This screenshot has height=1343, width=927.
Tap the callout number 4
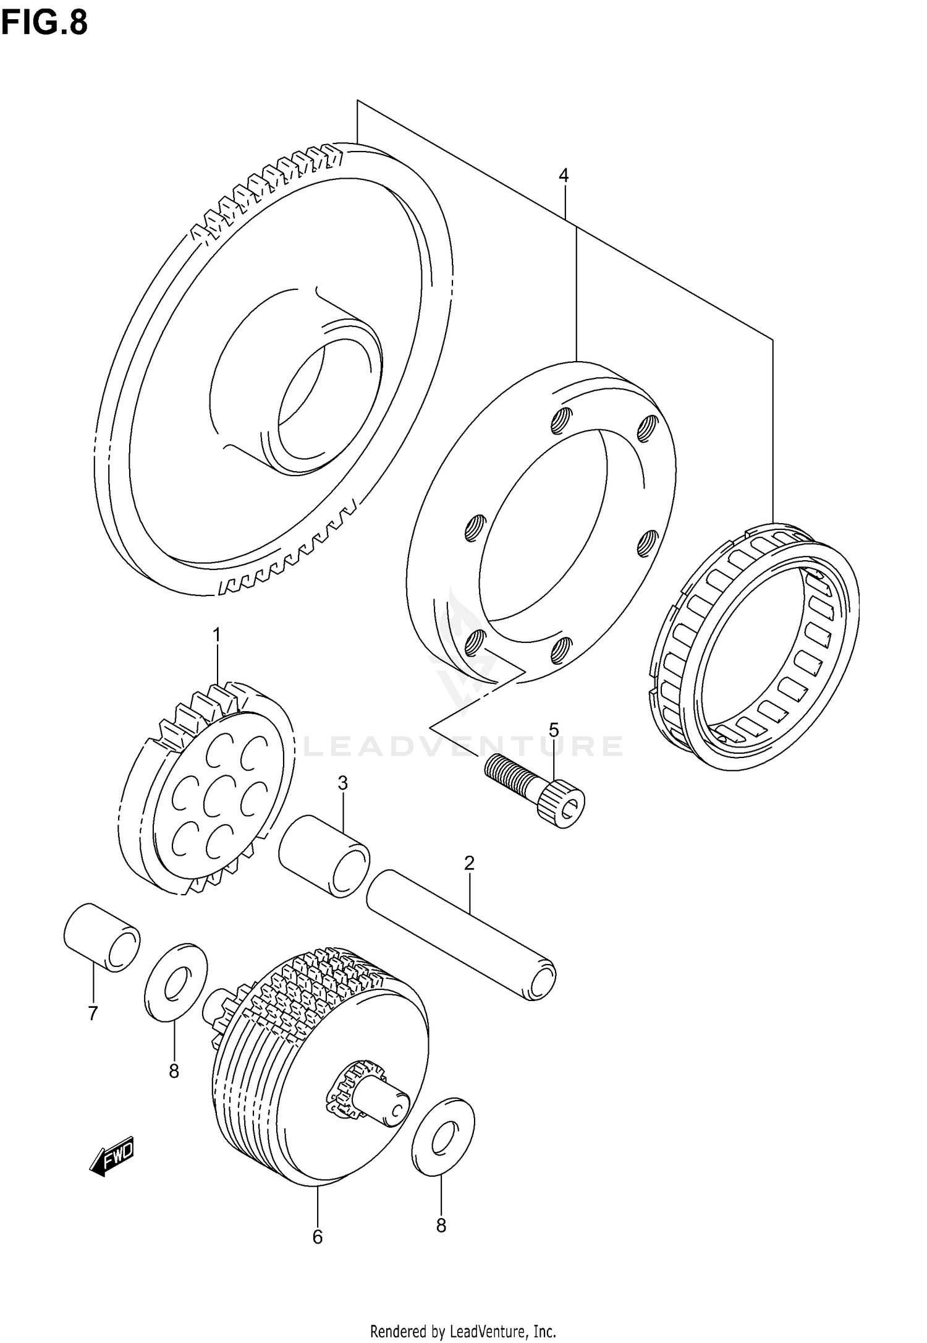pyautogui.click(x=563, y=176)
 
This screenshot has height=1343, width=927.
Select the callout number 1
pyautogui.click(x=216, y=634)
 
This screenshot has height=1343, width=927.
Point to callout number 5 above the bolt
pyautogui.click(x=553, y=730)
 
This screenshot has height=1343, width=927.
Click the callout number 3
pyautogui.click(x=343, y=783)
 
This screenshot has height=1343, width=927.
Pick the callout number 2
pyautogui.click(x=469, y=863)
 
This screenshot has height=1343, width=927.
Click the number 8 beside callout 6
pyautogui.click(x=441, y=1225)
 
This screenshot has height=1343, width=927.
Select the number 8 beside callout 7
pyautogui.click(x=174, y=1070)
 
